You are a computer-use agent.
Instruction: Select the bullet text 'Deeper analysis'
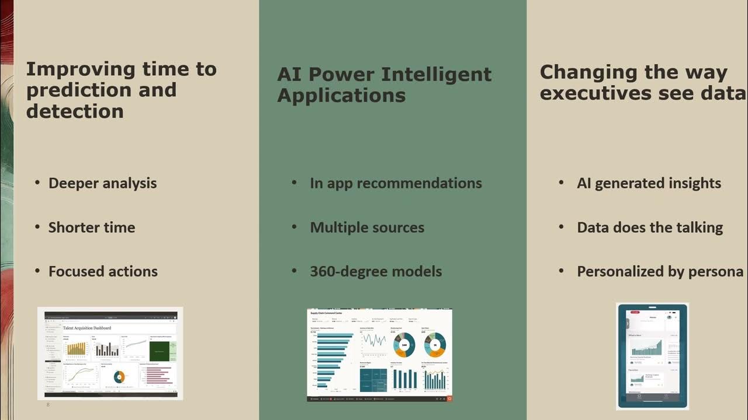102,183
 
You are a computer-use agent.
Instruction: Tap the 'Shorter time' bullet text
91,228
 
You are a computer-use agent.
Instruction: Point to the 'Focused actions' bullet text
103,271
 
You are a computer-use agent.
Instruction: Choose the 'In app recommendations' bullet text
396,183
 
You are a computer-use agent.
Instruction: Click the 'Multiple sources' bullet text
367,228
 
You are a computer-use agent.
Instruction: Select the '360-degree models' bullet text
376,271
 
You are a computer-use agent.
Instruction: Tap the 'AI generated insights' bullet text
649,183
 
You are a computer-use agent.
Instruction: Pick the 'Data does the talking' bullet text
650,228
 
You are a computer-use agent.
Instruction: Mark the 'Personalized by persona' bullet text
660,271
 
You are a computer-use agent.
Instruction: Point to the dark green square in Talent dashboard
160,351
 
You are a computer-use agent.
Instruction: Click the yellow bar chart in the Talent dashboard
77,348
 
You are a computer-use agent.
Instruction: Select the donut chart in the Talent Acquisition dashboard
119,377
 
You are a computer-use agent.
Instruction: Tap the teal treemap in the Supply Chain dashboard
372,379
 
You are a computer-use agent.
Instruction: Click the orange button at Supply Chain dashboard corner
449,399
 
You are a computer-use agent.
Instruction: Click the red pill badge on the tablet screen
635,313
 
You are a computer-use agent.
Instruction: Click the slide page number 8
48,404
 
